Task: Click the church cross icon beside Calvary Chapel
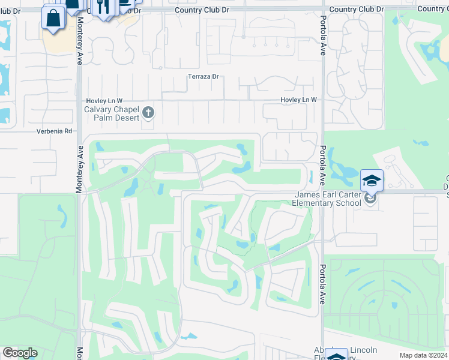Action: (x=148, y=112)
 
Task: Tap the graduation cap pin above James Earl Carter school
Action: (x=372, y=180)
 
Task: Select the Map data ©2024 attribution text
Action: (x=423, y=355)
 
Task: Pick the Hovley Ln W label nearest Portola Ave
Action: (x=298, y=100)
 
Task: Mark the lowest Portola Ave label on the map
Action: (x=322, y=284)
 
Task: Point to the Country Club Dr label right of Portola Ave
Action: (x=357, y=10)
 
